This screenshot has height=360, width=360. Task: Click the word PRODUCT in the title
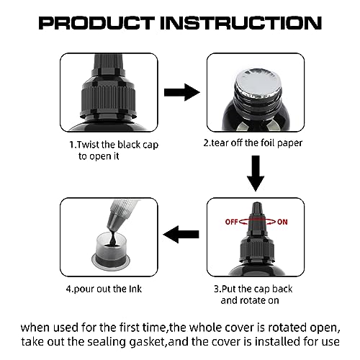point(96,23)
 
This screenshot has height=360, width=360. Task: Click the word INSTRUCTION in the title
point(240,23)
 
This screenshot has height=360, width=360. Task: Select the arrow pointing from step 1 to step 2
point(182,92)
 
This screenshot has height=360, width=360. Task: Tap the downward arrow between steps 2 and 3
point(256,174)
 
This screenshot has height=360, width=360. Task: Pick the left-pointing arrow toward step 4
point(181,235)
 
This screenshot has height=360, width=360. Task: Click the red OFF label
point(231,222)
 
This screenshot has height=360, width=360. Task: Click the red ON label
point(282,222)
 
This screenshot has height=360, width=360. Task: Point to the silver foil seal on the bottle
point(258,82)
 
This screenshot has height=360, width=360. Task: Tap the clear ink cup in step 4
point(110,250)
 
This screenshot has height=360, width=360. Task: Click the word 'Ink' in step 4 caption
point(135,289)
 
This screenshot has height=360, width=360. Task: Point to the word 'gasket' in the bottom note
point(146,342)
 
